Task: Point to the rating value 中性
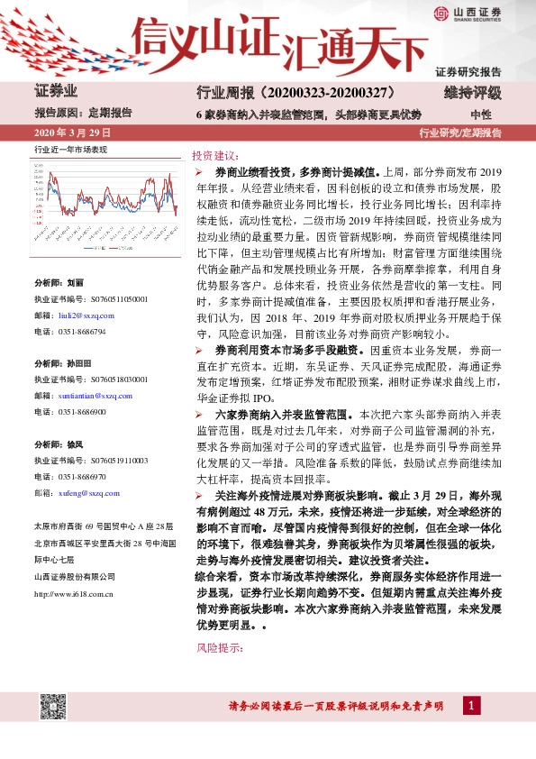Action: pyautogui.click(x=480, y=114)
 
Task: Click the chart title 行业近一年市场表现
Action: pyautogui.click(x=70, y=149)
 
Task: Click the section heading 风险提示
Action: pyautogui.click(x=218, y=648)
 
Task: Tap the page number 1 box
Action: pyautogui.click(x=471, y=704)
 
